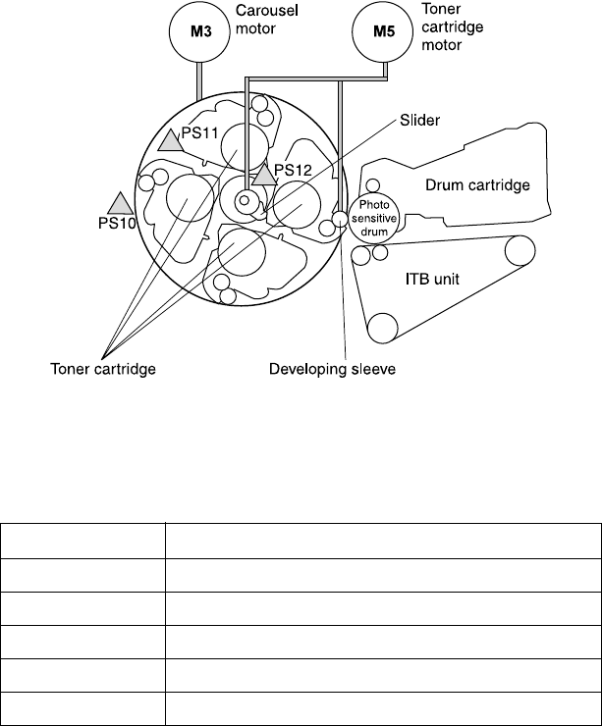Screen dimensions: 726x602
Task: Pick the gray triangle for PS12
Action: pyautogui.click(x=263, y=175)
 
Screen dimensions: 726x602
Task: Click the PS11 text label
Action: pyautogui.click(x=202, y=134)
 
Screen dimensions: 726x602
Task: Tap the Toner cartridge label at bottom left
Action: pyautogui.click(x=103, y=370)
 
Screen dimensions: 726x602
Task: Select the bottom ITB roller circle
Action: pyautogui.click(x=381, y=327)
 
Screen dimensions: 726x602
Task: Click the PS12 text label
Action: pyautogui.click(x=292, y=170)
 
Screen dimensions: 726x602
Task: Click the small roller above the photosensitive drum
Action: pyautogui.click(x=372, y=186)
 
